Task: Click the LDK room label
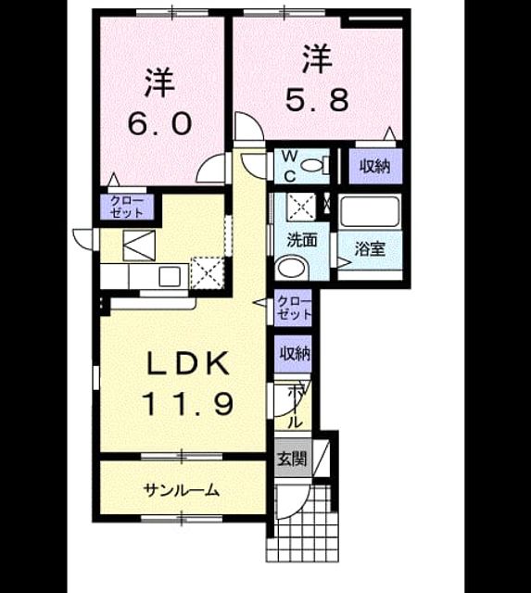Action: [x=187, y=363]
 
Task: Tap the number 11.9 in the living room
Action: [x=187, y=404]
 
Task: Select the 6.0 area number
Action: [x=159, y=124]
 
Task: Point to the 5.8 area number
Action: [x=317, y=100]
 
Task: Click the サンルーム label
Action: [x=182, y=490]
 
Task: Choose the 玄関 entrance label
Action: [x=292, y=459]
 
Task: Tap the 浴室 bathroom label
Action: [x=370, y=248]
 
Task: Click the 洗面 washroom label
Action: [x=302, y=240]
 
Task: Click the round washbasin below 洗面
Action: [x=292, y=268]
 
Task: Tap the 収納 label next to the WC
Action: [x=374, y=166]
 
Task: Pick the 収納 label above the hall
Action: [x=295, y=353]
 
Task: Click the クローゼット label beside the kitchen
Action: [x=127, y=208]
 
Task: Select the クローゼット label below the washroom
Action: [x=294, y=308]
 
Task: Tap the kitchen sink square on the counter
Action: [x=170, y=276]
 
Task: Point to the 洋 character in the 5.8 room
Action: [x=317, y=59]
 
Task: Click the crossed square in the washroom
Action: [x=301, y=207]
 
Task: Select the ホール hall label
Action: [x=295, y=406]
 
